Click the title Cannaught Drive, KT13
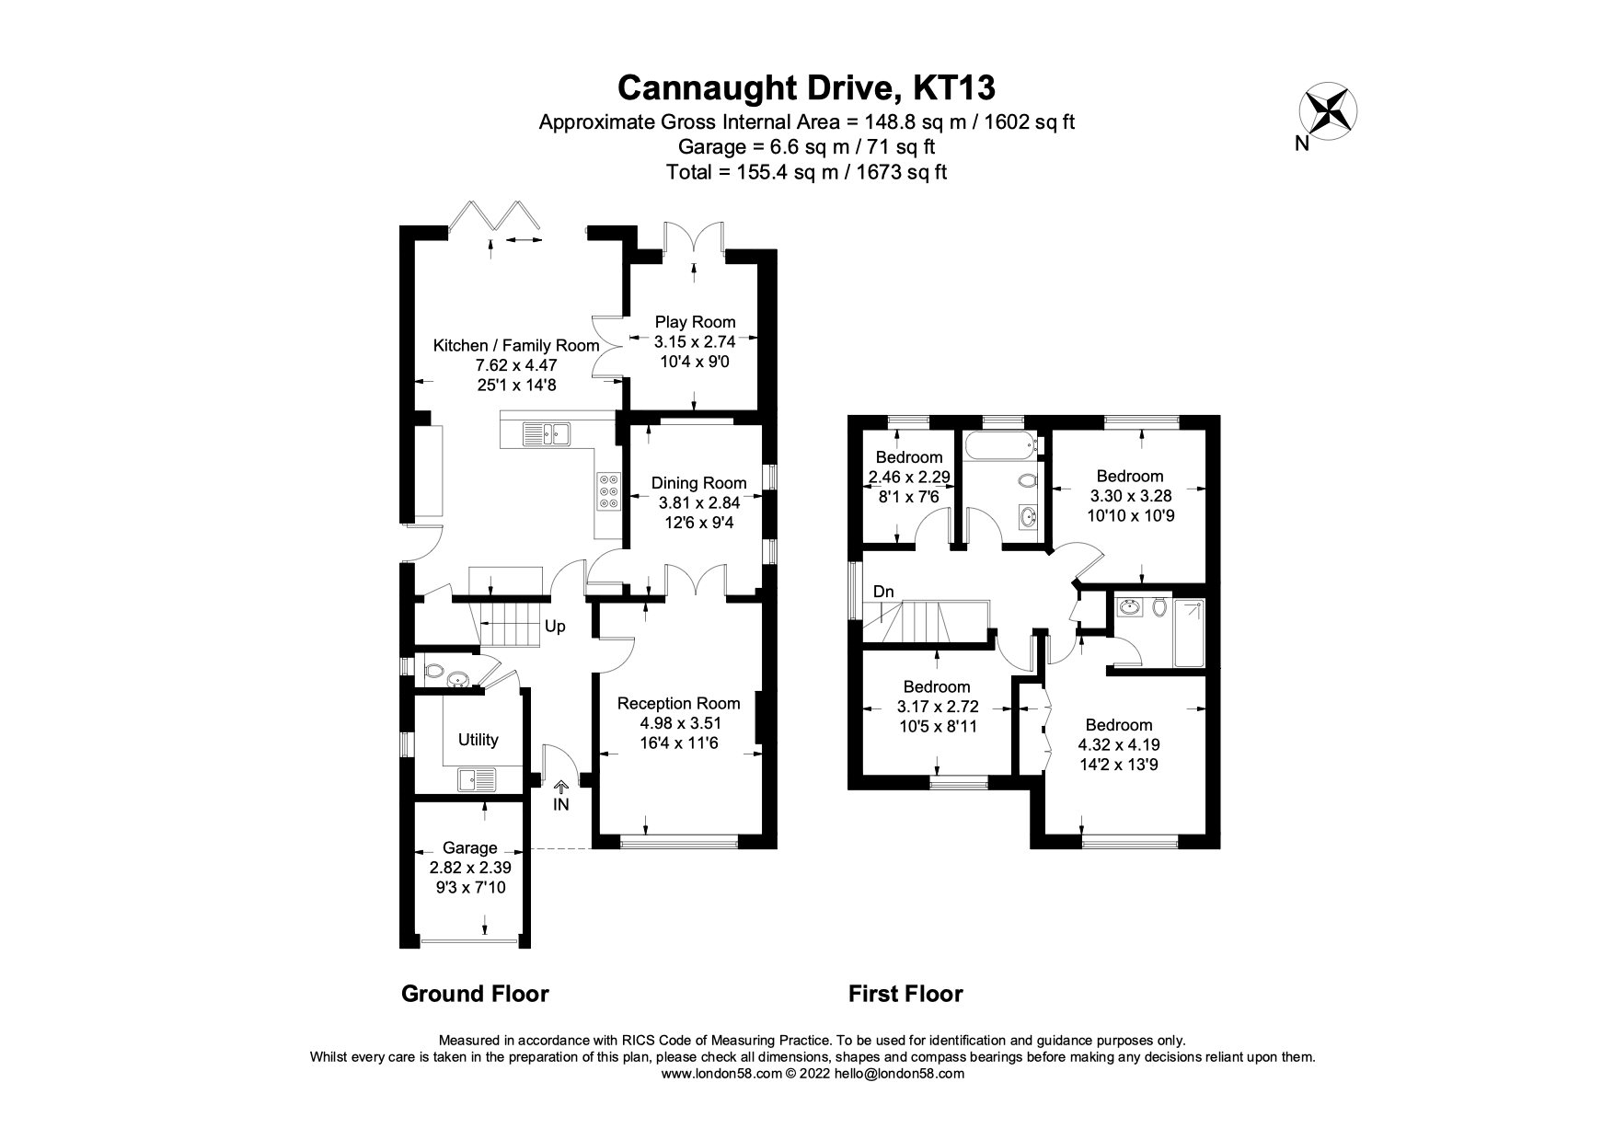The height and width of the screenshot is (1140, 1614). tap(806, 87)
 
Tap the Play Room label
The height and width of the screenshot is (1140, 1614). tap(695, 322)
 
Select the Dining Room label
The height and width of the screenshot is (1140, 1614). tap(698, 483)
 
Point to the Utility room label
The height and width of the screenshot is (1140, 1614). tap(478, 740)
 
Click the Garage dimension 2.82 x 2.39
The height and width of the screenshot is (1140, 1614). tap(469, 868)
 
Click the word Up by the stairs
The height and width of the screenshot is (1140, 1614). tap(555, 627)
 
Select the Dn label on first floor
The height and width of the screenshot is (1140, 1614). tap(883, 592)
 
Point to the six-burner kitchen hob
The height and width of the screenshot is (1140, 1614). tap(608, 491)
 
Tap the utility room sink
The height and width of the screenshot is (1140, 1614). tap(477, 779)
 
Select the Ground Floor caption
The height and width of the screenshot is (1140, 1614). tap(475, 994)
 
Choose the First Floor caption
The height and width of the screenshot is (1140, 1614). tap(905, 994)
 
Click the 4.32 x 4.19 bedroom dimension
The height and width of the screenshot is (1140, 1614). tap(1118, 744)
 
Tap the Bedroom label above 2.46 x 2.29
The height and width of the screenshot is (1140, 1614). tap(908, 457)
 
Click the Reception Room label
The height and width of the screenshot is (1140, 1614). tap(678, 703)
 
